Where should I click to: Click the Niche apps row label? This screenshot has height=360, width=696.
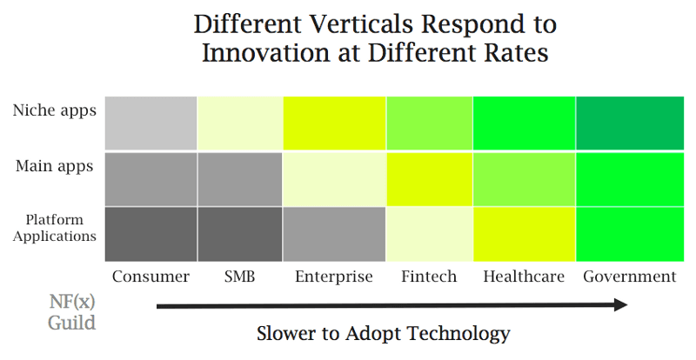tap(54, 110)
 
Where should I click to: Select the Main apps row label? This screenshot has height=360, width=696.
tap(54, 166)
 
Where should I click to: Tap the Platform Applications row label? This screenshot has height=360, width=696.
tap(54, 227)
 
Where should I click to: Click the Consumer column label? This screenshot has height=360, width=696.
tap(151, 277)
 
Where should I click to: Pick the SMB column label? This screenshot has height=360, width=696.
tap(238, 277)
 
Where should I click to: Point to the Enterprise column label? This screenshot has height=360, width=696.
tap(334, 277)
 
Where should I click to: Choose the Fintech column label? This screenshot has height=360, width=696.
tap(430, 277)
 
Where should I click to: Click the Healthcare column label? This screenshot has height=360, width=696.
tap(524, 277)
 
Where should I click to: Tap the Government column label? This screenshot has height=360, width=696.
tap(629, 277)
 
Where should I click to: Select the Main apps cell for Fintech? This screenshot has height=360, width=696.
tap(430, 178)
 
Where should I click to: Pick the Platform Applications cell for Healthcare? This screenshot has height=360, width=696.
tap(524, 234)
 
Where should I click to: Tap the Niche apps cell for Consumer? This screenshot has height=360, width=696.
tap(151, 123)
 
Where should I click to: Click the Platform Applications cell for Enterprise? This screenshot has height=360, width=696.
tap(334, 234)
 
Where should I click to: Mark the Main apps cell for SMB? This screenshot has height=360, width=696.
tap(239, 178)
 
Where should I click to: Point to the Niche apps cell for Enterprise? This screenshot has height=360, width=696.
tap(334, 123)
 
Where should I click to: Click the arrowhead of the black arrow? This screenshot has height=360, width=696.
tap(619, 304)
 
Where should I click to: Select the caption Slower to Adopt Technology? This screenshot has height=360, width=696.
tap(383, 333)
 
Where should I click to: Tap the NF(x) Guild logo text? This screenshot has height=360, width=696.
tap(71, 312)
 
